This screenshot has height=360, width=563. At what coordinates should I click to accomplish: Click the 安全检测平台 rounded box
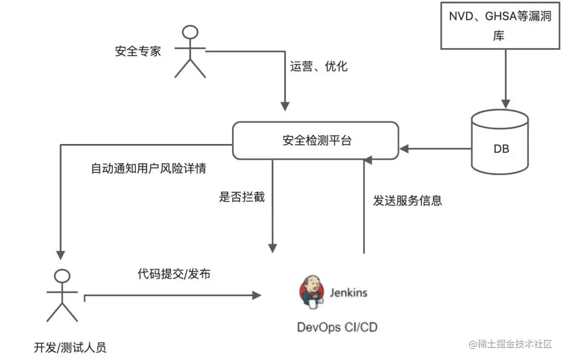pyautogui.click(x=315, y=140)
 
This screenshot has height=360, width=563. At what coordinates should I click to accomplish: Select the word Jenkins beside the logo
pyautogui.click(x=348, y=292)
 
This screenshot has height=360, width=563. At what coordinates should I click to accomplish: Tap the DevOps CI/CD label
pyautogui.click(x=337, y=327)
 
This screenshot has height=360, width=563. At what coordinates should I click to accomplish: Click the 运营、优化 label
pyautogui.click(x=319, y=66)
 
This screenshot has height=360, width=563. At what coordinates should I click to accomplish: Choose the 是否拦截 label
pyautogui.click(x=242, y=197)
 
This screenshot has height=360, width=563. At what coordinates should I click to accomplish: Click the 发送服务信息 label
pyautogui.click(x=407, y=200)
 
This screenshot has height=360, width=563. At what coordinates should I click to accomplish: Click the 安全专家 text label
pyautogui.click(x=138, y=51)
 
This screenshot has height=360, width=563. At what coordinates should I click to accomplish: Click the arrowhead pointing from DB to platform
pyautogui.click(x=405, y=150)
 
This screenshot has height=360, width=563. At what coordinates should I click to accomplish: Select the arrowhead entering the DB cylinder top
pyautogui.click(x=504, y=104)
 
